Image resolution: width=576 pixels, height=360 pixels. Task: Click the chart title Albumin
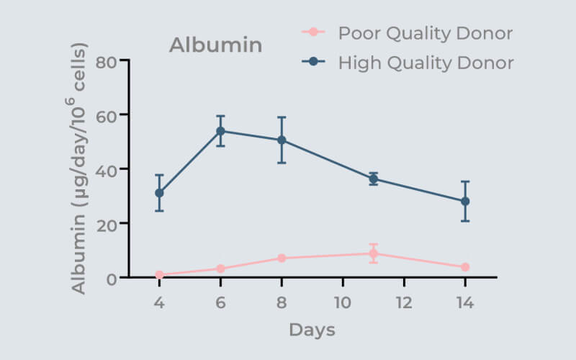pos(215,45)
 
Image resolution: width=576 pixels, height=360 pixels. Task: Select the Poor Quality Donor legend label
pos(425,33)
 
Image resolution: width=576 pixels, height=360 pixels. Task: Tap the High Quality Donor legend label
pos(426,63)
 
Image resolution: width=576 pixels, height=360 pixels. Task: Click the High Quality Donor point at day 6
pos(220,131)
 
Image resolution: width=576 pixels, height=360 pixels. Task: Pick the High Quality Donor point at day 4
pos(159,193)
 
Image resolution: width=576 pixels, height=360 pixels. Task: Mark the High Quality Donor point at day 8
pos(282,140)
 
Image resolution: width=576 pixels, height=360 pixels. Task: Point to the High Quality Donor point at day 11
pos(373,179)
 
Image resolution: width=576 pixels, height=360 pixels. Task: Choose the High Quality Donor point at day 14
pos(465,201)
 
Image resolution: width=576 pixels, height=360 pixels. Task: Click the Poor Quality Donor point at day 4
pos(159,275)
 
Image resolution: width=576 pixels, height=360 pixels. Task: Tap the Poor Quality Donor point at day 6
pos(220,269)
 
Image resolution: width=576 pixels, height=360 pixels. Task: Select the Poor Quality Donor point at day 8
pos(282,258)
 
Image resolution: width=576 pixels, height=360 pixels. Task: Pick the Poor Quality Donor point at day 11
pos(373,253)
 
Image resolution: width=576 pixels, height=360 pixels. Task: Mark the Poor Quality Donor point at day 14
pos(465,267)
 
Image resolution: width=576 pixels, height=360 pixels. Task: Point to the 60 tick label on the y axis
pos(106,114)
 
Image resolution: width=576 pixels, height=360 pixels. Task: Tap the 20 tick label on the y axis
pos(106,223)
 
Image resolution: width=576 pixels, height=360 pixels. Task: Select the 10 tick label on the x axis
pos(343,303)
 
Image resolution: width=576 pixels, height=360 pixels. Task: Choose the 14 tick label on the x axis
pos(465,303)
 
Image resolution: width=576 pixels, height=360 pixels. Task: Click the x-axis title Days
pos(312,330)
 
